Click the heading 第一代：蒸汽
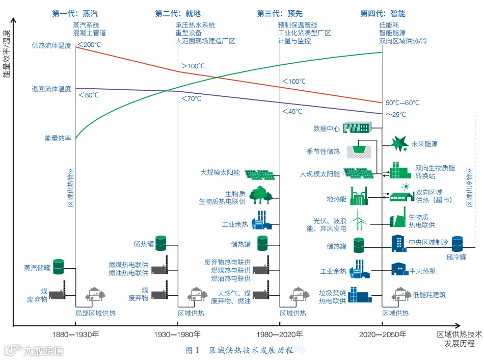(x=75, y=14)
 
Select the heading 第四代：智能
(x=383, y=14)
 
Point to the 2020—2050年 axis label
(x=383, y=335)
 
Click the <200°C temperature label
(x=89, y=45)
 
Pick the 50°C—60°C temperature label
(x=402, y=102)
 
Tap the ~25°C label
(x=396, y=114)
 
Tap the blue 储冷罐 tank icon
(x=456, y=244)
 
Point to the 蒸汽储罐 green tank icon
(x=59, y=266)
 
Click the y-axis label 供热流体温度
(x=51, y=46)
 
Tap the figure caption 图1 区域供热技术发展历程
(x=239, y=350)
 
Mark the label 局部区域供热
(x=95, y=313)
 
